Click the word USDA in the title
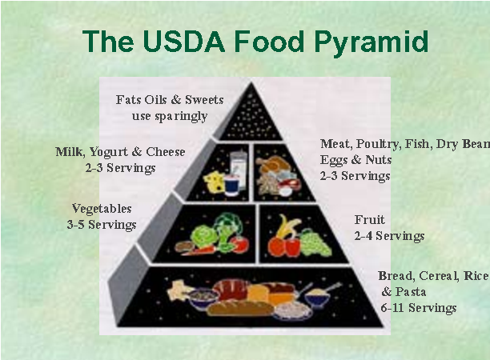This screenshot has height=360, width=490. coord(184,42)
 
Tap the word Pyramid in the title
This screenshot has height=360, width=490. coord(371,43)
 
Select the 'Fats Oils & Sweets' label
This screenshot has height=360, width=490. coord(170,100)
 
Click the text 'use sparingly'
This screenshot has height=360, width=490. coord(170,116)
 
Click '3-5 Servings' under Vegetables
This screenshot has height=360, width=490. coord(102,225)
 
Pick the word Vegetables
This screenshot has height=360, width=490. coord(102,209)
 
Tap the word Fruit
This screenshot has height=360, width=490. coord(369,220)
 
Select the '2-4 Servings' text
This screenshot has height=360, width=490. coord(389,236)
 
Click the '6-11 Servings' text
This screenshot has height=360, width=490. coord(419,308)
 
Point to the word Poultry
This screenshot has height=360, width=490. coord(377,144)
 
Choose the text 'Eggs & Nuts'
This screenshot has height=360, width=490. coord(355,160)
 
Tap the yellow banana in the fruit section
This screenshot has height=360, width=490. coord(286,226)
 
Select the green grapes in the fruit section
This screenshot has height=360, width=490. coord(314,243)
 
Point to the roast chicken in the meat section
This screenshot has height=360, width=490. coord(273,163)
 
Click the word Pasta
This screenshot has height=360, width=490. coord(410,292)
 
